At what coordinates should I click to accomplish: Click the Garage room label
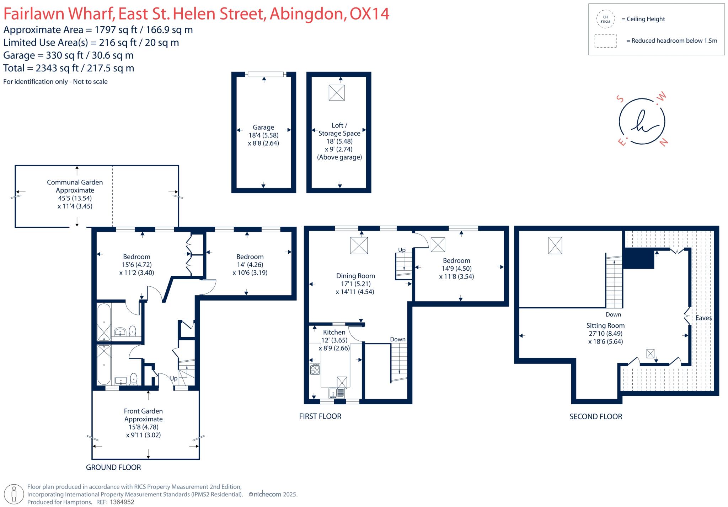pyautogui.click(x=263, y=127)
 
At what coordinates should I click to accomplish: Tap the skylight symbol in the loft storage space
pyautogui.click(x=336, y=93)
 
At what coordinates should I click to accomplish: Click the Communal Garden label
pyautogui.click(x=75, y=182)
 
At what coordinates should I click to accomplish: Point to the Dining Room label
pyautogui.click(x=355, y=276)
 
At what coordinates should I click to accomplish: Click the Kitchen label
pyautogui.click(x=334, y=332)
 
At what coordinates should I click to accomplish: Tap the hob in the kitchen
pyautogui.click(x=315, y=369)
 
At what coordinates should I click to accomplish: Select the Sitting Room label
pyautogui.click(x=605, y=325)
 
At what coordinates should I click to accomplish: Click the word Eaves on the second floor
pyautogui.click(x=703, y=318)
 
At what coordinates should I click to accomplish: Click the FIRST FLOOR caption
pyautogui.click(x=320, y=416)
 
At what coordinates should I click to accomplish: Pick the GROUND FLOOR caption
pyautogui.click(x=113, y=468)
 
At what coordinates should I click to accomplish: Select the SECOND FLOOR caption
pyautogui.click(x=596, y=417)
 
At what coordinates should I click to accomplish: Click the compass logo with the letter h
pyautogui.click(x=642, y=121)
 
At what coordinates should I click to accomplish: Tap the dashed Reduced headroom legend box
pyautogui.click(x=605, y=41)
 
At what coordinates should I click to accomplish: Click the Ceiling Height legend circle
pyautogui.click(x=605, y=19)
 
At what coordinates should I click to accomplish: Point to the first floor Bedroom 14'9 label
pyautogui.click(x=456, y=260)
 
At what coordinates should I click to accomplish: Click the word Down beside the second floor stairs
pyautogui.click(x=613, y=314)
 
